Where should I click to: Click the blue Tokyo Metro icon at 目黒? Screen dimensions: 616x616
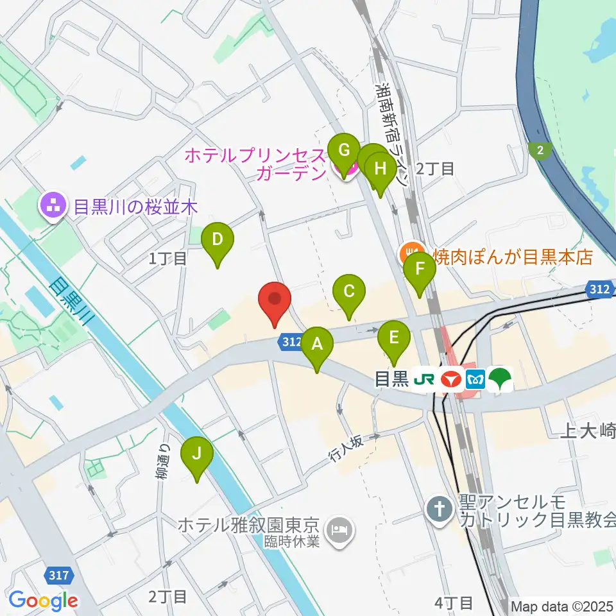tap(475, 380)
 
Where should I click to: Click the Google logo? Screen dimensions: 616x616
tap(43, 601)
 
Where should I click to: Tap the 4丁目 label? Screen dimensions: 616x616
tap(453, 603)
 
